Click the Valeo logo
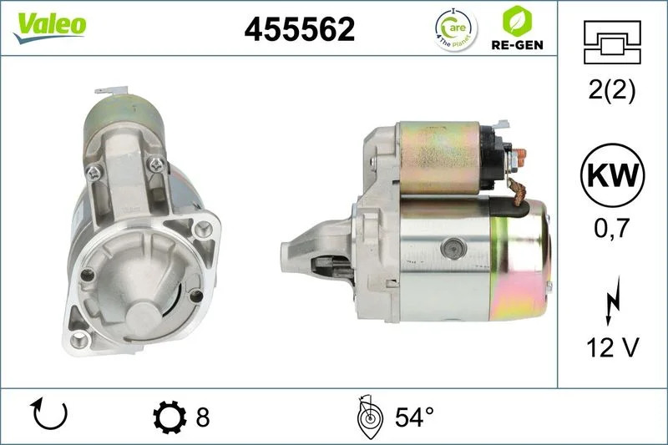click(x=50, y=27)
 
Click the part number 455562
click(x=300, y=29)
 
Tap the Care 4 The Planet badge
click(x=456, y=29)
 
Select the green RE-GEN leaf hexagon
click(x=517, y=21)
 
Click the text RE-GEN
click(x=517, y=45)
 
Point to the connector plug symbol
click(x=612, y=43)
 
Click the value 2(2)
click(x=612, y=90)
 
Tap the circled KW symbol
click(x=613, y=175)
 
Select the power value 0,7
click(x=612, y=228)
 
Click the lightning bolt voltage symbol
click(x=613, y=301)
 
